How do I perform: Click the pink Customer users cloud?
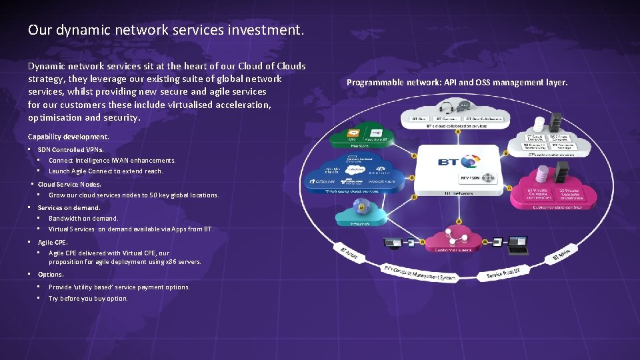pyautogui.click(x=455, y=241)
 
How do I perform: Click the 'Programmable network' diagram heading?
pyautogui.click(x=457, y=83)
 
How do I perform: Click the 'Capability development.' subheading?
pyautogui.click(x=68, y=137)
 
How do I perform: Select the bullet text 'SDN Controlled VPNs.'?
pyautogui.click(x=71, y=149)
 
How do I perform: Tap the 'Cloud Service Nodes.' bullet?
pyautogui.click(x=69, y=184)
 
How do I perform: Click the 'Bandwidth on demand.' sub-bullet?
pyautogui.click(x=83, y=218)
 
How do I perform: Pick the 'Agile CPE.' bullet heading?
pyautogui.click(x=53, y=243)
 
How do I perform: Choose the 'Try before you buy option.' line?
pyautogui.click(x=88, y=298)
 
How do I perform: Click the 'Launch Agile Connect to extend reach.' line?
pyautogui.click(x=105, y=171)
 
